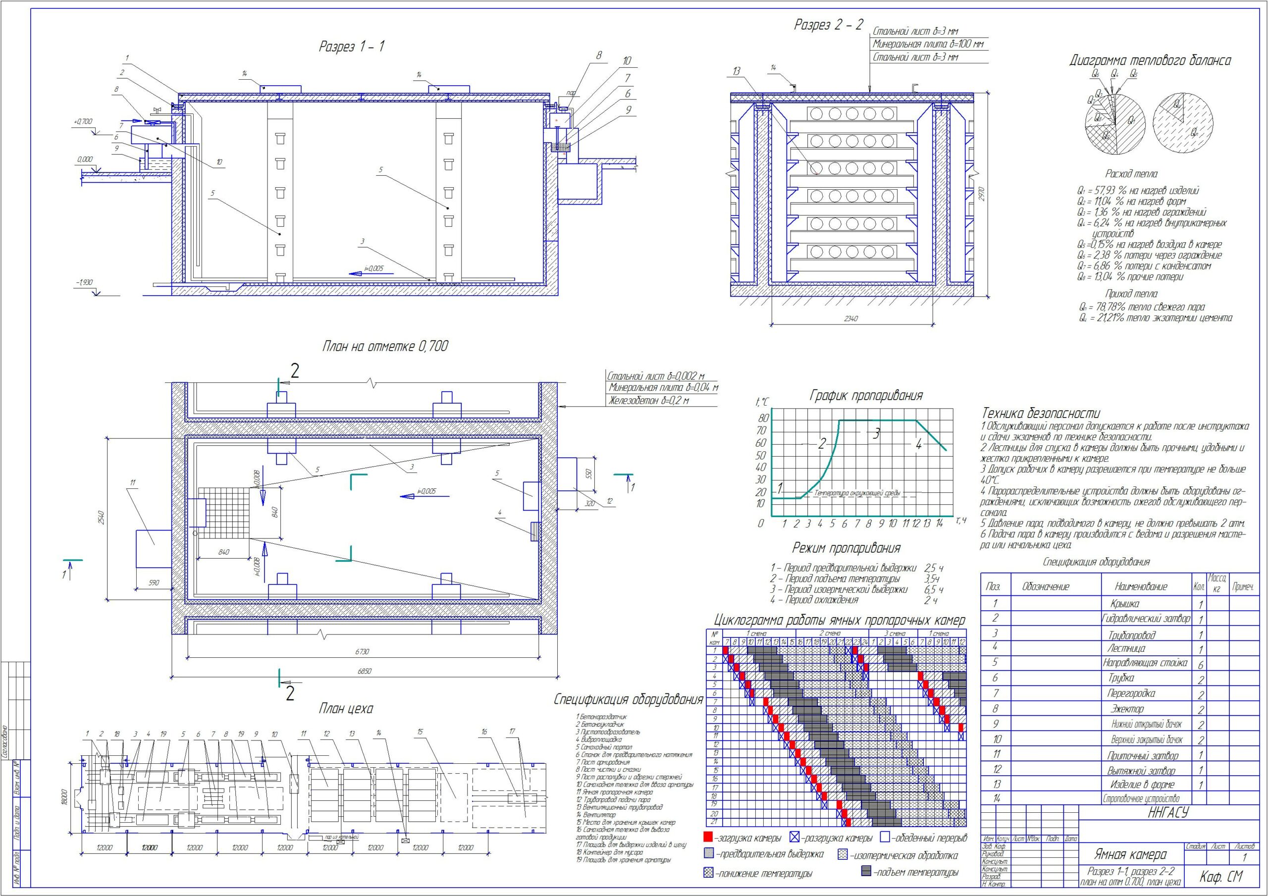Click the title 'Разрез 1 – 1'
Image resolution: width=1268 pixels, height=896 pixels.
pos(351,47)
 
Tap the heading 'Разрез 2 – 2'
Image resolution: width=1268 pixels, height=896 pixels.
pos(828,25)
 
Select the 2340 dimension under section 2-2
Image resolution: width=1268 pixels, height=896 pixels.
pos(850,319)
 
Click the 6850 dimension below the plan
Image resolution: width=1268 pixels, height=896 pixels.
pos(364,671)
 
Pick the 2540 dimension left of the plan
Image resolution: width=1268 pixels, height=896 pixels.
pos(100,519)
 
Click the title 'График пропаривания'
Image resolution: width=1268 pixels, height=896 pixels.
pos(866,396)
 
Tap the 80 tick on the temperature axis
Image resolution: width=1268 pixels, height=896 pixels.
pos(763,418)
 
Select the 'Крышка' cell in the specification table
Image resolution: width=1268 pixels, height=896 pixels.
pos(1124,604)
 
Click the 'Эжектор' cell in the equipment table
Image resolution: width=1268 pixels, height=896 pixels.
pos(1127,709)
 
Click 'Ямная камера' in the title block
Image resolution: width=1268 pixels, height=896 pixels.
pos(1130,855)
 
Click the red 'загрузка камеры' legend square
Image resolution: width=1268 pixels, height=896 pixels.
pos(709,837)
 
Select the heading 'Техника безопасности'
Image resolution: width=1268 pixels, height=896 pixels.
pos(1041,413)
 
